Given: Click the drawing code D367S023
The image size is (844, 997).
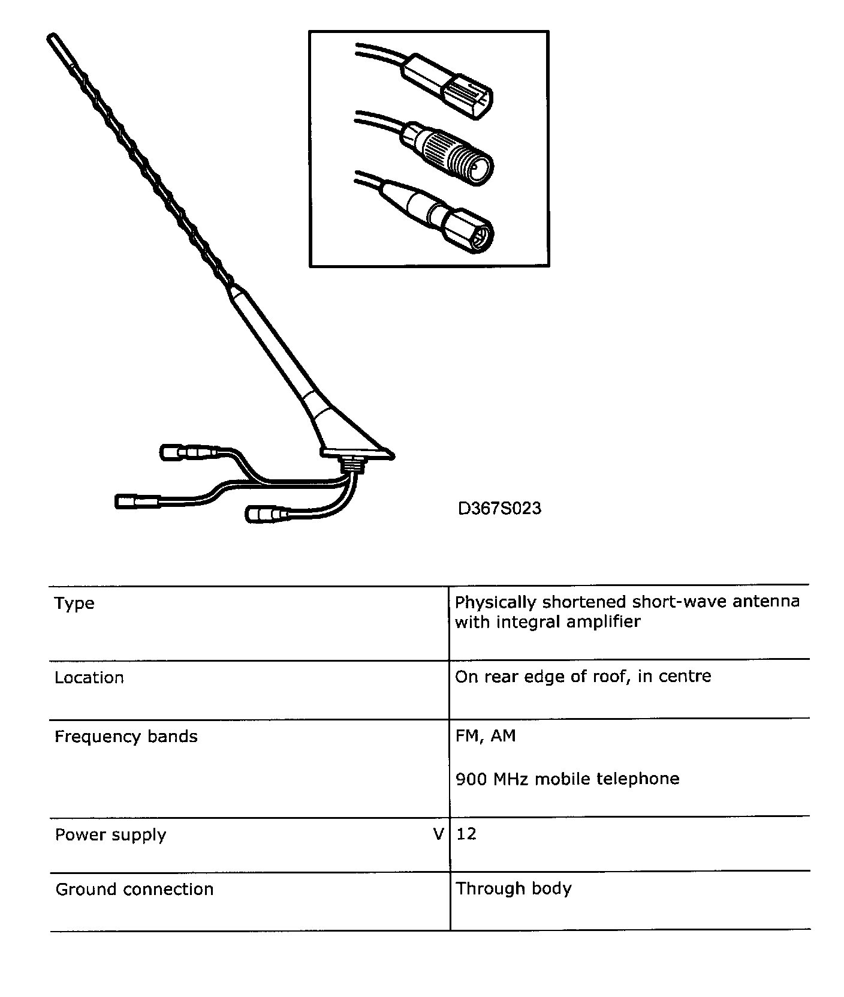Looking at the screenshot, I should click(499, 509).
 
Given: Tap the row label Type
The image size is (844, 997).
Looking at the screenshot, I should click(74, 603).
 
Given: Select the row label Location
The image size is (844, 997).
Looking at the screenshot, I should click(89, 677).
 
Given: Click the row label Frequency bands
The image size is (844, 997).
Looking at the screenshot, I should click(126, 736).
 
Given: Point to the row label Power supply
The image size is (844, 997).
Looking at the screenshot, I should click(110, 834).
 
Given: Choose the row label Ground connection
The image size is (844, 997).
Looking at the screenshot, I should click(134, 889).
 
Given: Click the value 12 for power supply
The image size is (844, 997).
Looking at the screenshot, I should click(466, 834).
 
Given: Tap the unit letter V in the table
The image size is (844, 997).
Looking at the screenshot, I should click(438, 834).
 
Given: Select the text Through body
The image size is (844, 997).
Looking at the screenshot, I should click(513, 888).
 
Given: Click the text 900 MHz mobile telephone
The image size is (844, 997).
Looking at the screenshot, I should click(567, 779).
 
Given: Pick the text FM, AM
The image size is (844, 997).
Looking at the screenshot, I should click(485, 735).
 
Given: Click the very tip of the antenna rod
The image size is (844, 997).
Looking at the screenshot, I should click(49, 38).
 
